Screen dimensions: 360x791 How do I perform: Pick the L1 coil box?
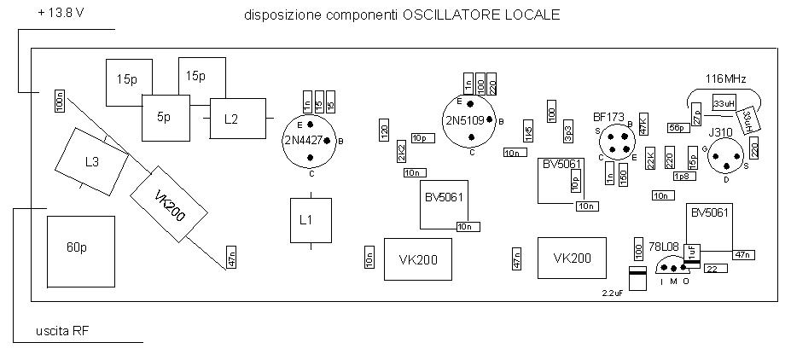(x=306, y=219)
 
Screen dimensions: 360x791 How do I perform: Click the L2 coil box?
(x=231, y=119)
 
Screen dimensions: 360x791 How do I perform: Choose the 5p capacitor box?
(x=165, y=118)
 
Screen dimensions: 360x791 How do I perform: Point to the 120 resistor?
(x=384, y=131)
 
